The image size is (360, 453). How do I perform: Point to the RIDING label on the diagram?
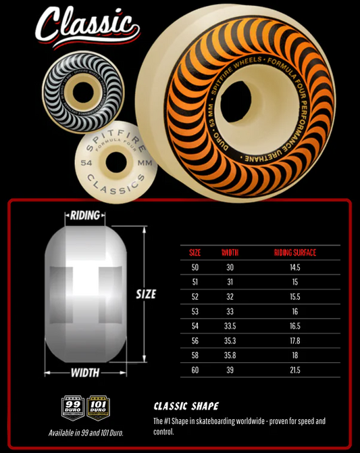[x=84, y=216]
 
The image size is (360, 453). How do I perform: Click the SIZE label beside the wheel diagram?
[x=145, y=294]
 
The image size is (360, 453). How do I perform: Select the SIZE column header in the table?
[x=195, y=253]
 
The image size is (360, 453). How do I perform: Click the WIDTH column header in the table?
[x=230, y=253]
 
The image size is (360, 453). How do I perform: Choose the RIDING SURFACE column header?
[x=295, y=253]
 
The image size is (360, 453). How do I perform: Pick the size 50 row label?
[x=195, y=268]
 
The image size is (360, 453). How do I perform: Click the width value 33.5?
[x=230, y=326]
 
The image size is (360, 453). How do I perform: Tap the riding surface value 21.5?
[x=295, y=370]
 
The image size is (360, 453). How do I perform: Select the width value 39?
[x=230, y=370]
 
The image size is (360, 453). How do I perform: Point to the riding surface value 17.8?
[x=295, y=341]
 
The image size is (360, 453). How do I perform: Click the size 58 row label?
[x=195, y=356]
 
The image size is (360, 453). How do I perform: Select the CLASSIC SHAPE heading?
[x=186, y=406]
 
